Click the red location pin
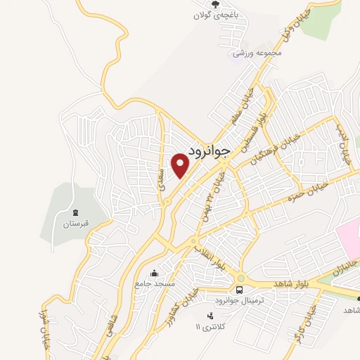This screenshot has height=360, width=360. point(181,165)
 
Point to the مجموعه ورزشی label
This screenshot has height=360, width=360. point(259,53)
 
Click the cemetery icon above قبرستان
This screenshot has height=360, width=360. point(75,212)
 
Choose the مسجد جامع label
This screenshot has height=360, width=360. point(155,284)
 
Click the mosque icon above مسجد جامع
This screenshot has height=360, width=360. point(155,273)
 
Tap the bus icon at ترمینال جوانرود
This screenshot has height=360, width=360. point(240,289)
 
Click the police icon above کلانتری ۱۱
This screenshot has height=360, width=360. point(210,315)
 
